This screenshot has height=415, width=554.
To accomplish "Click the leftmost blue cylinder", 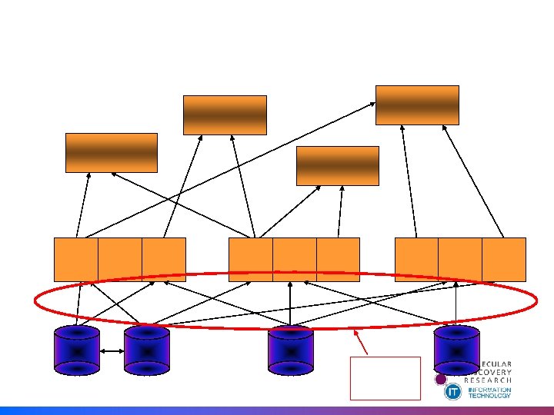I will pyautogui.click(x=77, y=350).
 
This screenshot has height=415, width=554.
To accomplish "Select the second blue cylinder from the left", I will pyautogui.click(x=146, y=350).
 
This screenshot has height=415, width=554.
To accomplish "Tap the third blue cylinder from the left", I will pyautogui.click(x=290, y=350).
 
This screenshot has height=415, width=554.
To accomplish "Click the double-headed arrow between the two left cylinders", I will pyautogui.click(x=112, y=353).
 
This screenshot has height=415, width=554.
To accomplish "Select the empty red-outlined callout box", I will pyautogui.click(x=385, y=378).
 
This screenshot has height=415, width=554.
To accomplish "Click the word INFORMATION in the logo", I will pyautogui.click(x=489, y=390).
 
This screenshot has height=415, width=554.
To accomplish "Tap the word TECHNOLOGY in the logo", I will pyautogui.click(x=489, y=397).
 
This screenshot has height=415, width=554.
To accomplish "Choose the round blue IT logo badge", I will pyautogui.click(x=453, y=392).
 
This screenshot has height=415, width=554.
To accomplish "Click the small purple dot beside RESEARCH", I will pyautogui.click(x=441, y=379).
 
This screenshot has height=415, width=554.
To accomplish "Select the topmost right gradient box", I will pyautogui.click(x=417, y=105).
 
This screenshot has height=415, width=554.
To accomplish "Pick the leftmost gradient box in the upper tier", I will pyautogui.click(x=112, y=152).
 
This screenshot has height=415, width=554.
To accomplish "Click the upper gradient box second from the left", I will pyautogui.click(x=225, y=115).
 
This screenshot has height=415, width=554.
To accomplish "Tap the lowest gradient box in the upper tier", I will pyautogui.click(x=338, y=165).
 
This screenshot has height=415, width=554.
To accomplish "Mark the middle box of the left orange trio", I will pyautogui.click(x=120, y=259).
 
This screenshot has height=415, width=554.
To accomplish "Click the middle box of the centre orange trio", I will pyautogui.click(x=295, y=259).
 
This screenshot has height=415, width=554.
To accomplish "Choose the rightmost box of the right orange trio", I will pyautogui.click(x=504, y=259).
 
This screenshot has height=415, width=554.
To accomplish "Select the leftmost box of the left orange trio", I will pyautogui.click(x=76, y=259).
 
